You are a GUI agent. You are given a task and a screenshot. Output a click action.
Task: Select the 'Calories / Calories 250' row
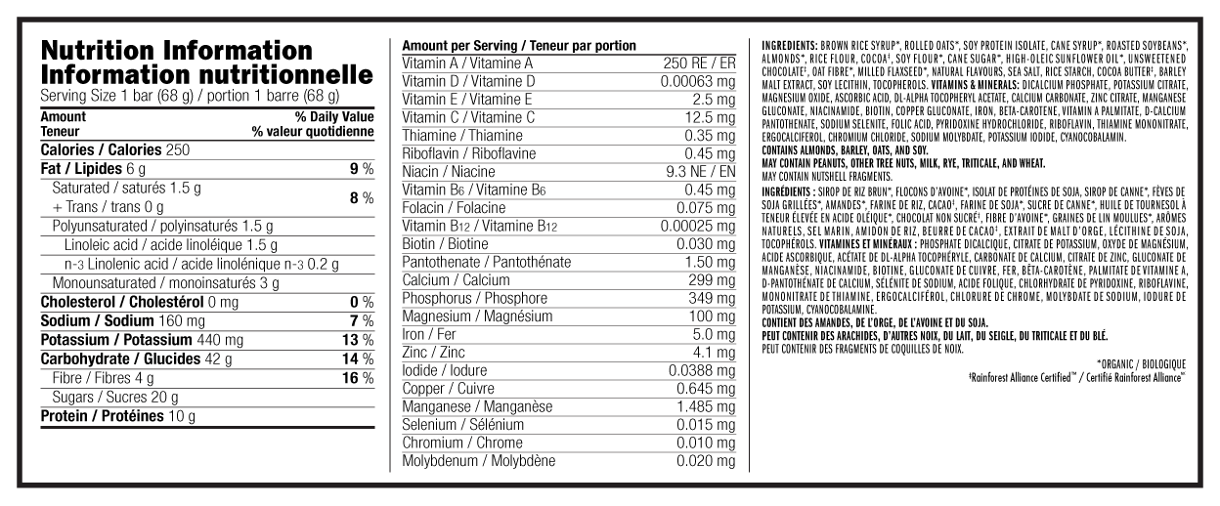click(x=115, y=150)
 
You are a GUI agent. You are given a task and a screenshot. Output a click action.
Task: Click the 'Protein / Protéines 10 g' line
click(x=118, y=416)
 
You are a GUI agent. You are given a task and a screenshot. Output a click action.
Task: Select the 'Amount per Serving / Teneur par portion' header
click(x=519, y=46)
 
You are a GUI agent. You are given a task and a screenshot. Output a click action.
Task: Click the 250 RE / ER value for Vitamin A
click(x=695, y=63)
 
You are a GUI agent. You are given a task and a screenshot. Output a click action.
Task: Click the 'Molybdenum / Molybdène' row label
click(x=479, y=460)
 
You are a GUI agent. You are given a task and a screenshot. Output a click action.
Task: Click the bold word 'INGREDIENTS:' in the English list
click(x=791, y=46)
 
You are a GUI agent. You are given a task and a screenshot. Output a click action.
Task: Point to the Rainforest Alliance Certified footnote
click(x=1075, y=375)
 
